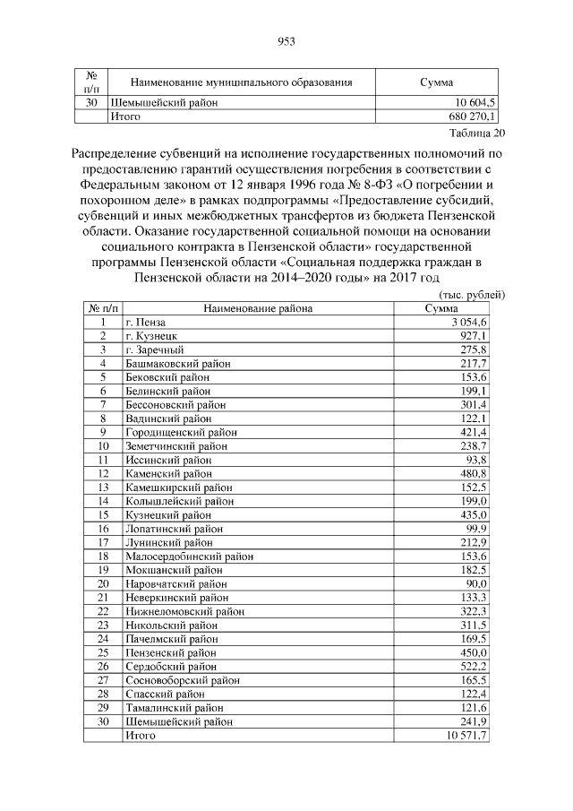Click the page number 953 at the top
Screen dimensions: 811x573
[286, 41]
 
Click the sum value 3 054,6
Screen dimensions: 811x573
[468, 322]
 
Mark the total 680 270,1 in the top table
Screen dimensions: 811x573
[465, 116]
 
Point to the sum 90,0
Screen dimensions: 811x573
[475, 583]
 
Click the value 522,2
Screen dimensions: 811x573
[472, 666]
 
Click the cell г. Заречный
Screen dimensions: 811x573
[154, 349]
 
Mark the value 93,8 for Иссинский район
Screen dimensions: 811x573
[475, 460]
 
